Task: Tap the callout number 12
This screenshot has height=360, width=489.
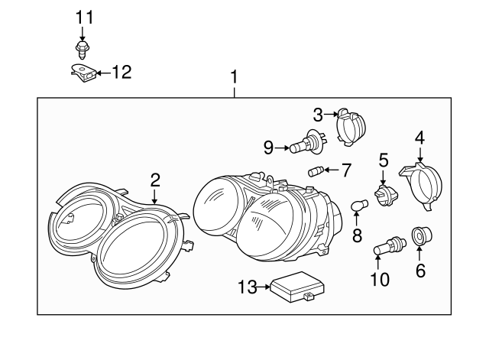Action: point(121,73)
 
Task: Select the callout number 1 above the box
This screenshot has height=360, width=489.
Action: point(235,77)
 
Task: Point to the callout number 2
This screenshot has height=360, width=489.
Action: point(155,180)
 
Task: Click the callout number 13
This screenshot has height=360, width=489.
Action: point(248,287)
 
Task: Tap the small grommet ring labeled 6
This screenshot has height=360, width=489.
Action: point(419,237)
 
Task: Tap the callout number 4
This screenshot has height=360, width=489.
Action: point(419,138)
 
